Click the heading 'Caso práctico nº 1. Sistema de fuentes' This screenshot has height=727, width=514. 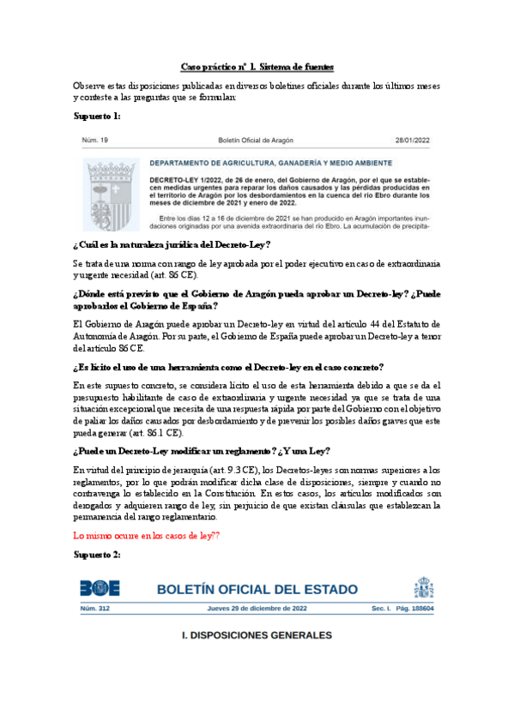[x=257, y=66]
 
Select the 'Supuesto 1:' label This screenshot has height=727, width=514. [x=97, y=116]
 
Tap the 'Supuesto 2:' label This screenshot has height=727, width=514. [x=97, y=555]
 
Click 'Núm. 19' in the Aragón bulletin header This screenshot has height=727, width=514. [x=94, y=139]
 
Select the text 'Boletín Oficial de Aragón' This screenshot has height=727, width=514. [x=257, y=139]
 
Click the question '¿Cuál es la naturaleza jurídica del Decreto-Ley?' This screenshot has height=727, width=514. [x=172, y=244]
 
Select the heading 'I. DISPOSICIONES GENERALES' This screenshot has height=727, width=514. [x=257, y=635]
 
